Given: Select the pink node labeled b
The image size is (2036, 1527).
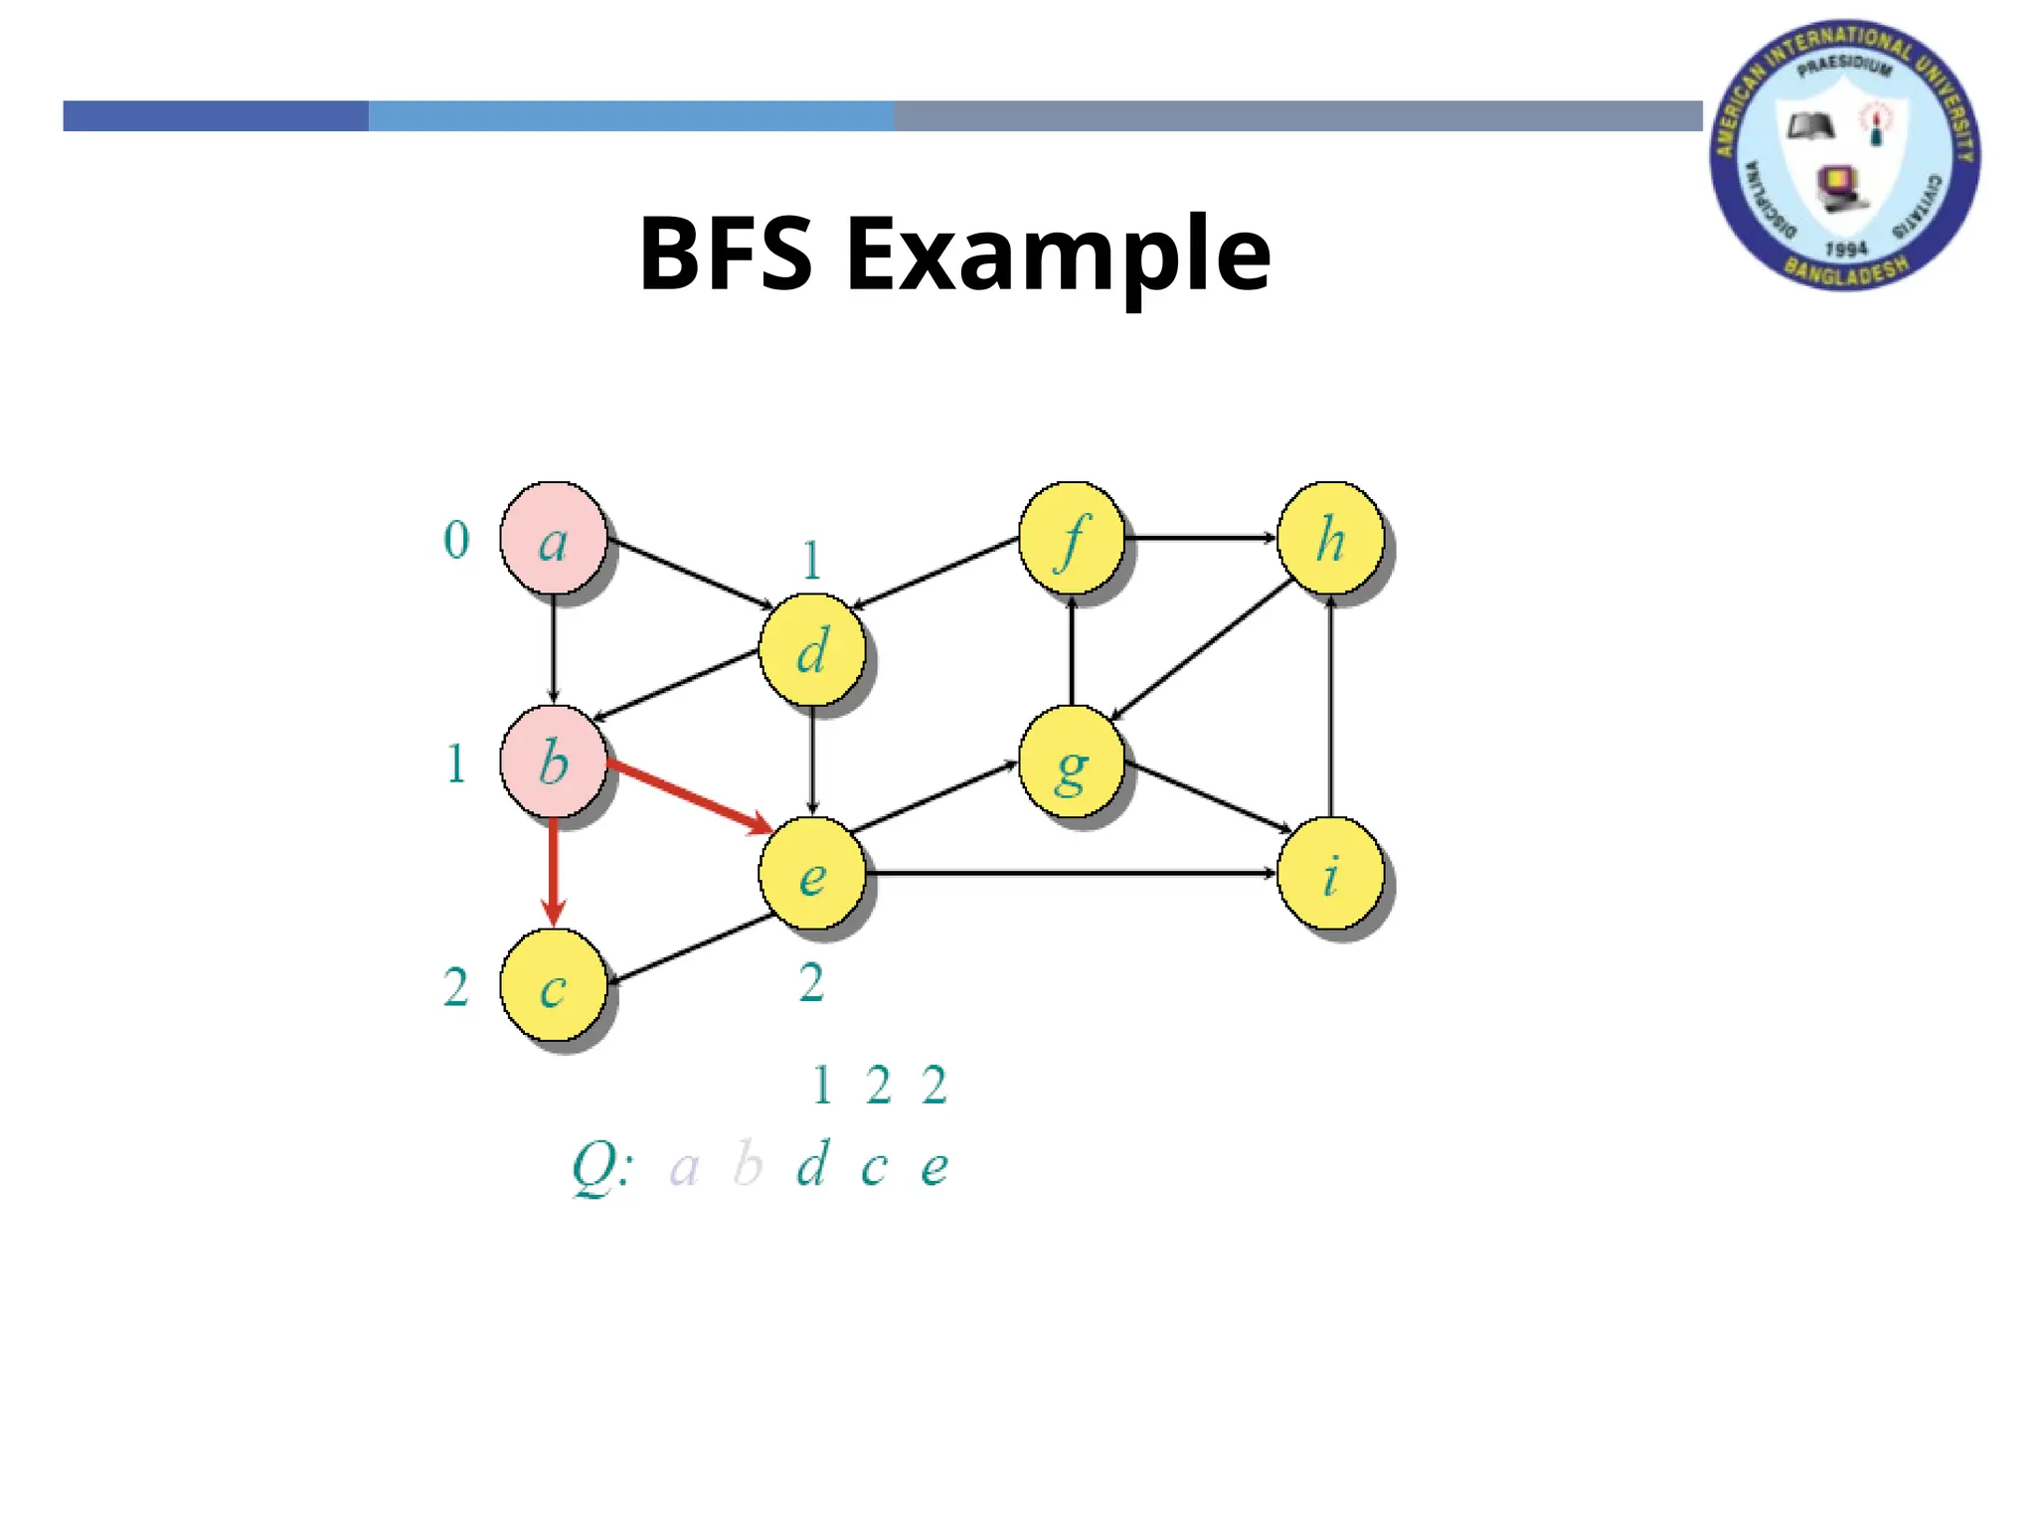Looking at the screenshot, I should [x=553, y=762].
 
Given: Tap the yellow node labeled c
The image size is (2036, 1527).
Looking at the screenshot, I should [x=553, y=985].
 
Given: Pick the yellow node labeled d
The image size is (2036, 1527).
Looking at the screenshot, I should [x=812, y=650].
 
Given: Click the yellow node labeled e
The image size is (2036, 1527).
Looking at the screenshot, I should [x=812, y=874].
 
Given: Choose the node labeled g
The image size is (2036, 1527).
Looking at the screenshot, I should [x=1072, y=762].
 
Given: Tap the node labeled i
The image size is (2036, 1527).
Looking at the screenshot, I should [x=1330, y=874].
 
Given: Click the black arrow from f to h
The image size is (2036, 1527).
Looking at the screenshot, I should [x=1200, y=538].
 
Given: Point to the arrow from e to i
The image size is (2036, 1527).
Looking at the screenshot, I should [x=1070, y=873].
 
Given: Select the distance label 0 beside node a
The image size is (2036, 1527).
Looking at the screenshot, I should [x=456, y=540].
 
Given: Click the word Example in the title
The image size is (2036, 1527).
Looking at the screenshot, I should [x=1058, y=254].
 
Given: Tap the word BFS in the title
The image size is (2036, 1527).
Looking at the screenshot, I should [x=726, y=254].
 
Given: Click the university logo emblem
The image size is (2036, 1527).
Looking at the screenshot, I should [x=1844, y=156].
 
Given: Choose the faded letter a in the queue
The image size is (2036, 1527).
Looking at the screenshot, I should [x=684, y=1167].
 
